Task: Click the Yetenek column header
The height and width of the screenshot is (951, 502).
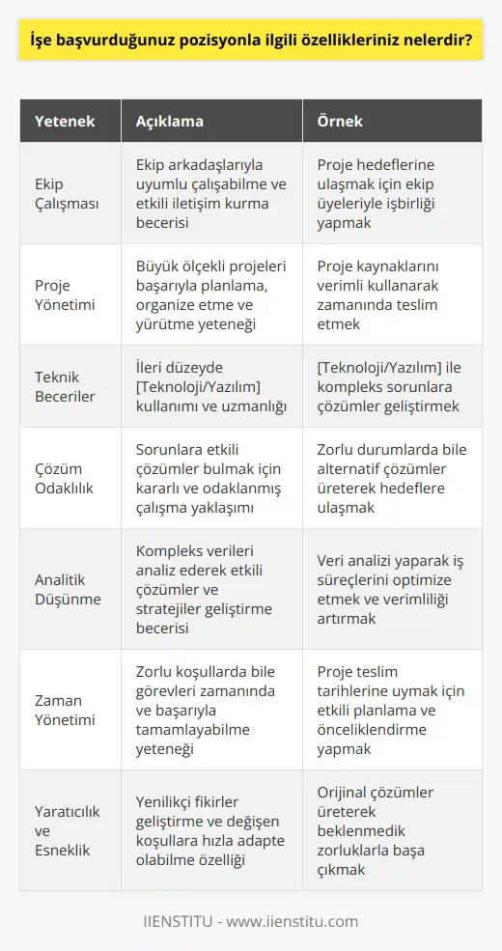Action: coord(65,121)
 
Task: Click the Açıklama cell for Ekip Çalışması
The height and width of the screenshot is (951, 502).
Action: coord(207,194)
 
